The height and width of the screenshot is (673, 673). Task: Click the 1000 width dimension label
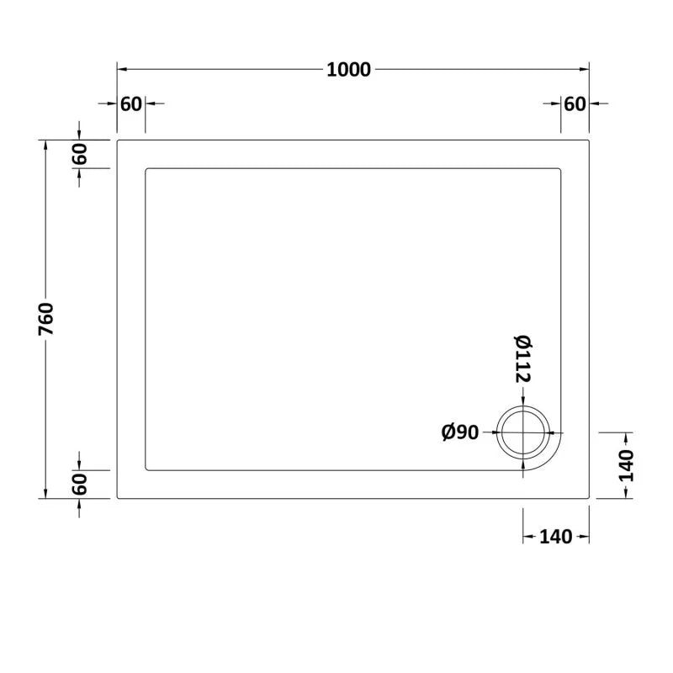point(349,70)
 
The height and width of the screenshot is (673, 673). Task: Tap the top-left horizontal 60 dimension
point(131,103)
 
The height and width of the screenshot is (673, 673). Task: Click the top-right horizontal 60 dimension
point(575,103)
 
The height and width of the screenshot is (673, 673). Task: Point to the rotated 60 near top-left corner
point(79,155)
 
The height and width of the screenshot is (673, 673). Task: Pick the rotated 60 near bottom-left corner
point(79,485)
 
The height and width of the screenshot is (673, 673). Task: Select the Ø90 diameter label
point(460,432)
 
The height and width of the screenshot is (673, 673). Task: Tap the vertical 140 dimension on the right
point(625,465)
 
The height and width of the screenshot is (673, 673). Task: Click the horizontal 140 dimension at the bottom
point(555,537)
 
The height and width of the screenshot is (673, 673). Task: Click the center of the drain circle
point(523,432)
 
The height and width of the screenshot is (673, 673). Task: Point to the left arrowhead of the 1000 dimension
point(121,70)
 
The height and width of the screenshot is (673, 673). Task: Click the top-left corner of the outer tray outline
point(118,140)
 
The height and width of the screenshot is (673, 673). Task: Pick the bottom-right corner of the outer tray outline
point(589,499)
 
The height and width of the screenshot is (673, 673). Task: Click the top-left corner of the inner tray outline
point(147,169)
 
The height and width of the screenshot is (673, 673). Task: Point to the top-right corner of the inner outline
point(560,169)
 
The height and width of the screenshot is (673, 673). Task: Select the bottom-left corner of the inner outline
point(147,469)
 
